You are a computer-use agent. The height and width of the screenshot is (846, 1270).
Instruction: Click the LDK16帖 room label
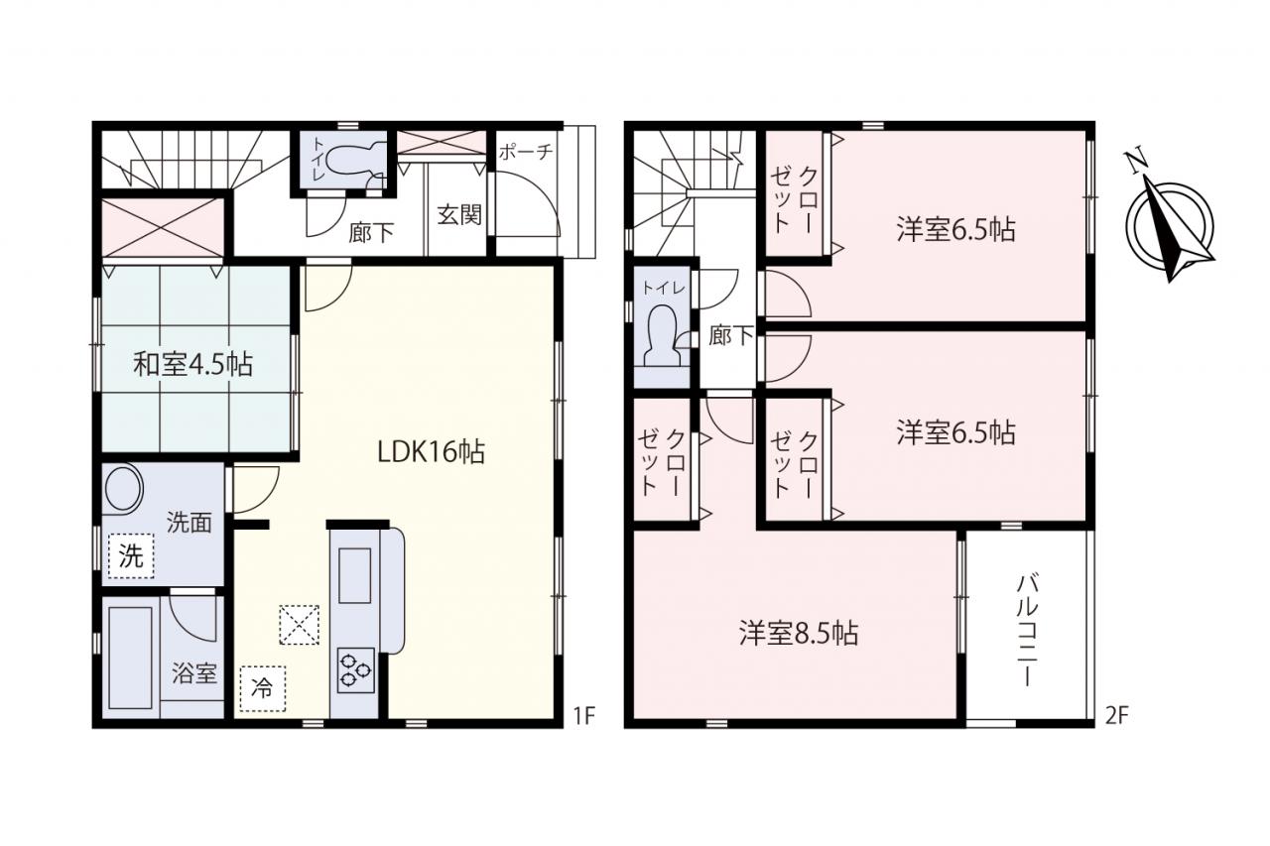point(431,452)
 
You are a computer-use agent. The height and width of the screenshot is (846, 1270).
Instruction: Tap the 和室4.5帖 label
point(192,364)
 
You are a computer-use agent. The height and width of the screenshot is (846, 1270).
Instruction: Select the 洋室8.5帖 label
point(799,634)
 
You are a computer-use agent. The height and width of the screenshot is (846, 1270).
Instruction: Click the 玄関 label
point(459,215)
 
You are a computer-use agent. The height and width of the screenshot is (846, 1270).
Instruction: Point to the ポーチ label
point(526,152)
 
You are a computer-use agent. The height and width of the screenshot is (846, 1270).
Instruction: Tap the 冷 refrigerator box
point(263,688)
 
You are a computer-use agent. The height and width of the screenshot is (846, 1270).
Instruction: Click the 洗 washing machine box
point(132,555)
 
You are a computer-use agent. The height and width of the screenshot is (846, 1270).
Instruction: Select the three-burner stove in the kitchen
point(355,669)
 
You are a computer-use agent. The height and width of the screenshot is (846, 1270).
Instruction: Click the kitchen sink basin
point(354,575)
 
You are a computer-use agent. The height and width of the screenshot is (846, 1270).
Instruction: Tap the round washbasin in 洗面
point(122,488)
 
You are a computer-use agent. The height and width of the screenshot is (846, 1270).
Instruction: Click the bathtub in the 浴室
point(130,658)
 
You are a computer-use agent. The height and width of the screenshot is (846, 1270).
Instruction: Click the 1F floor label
point(583,717)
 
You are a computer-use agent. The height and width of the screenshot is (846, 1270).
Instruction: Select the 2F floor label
point(1117,717)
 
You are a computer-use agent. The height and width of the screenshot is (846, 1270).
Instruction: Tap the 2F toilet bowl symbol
point(662,336)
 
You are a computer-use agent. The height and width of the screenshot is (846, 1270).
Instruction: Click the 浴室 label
point(194,673)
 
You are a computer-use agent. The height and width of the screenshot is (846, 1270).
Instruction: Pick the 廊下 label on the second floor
point(731,335)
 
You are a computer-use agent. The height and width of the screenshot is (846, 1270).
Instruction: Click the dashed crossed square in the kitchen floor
point(300,625)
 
